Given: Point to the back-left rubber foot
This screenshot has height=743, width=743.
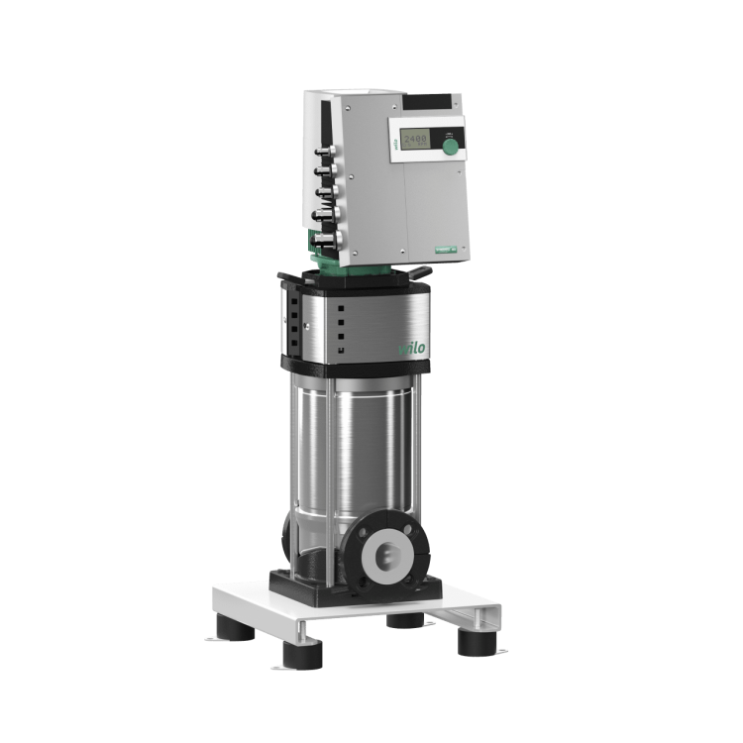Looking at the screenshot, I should click(237, 605).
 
